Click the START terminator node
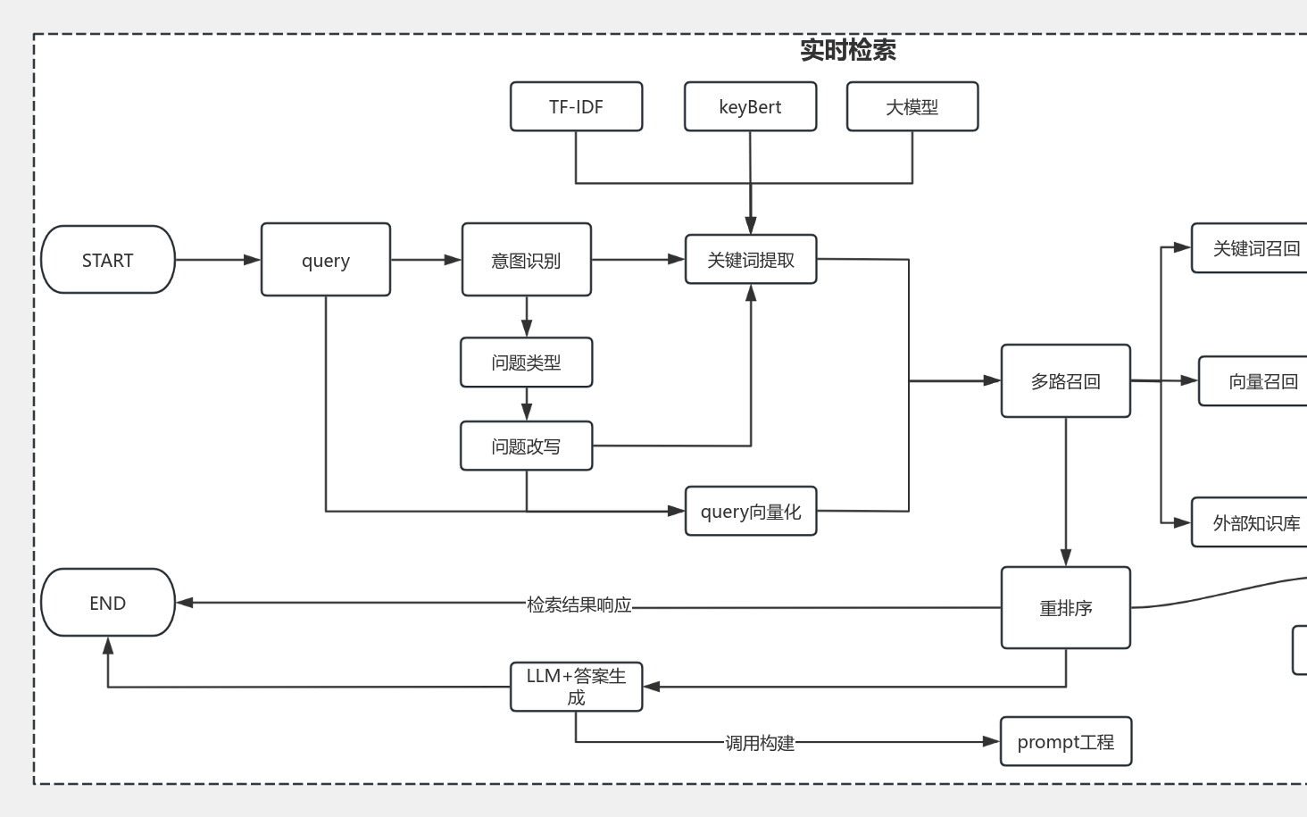pyautogui.click(x=108, y=260)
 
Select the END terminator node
pyautogui.click(x=108, y=603)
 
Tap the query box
pyautogui.click(x=326, y=260)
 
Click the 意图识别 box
pyautogui.click(x=526, y=260)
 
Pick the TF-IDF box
pyautogui.click(x=576, y=107)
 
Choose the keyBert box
pyautogui.click(x=750, y=107)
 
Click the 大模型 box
pyautogui.click(x=912, y=107)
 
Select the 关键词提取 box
pyautogui.click(x=751, y=260)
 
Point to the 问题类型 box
pyautogui.click(x=526, y=363)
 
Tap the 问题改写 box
pyautogui.click(x=526, y=446)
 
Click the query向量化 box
pyautogui.click(x=751, y=512)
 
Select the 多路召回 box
pyautogui.click(x=1065, y=381)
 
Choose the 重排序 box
pyautogui.click(x=1065, y=608)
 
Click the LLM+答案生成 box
pyautogui.click(x=576, y=687)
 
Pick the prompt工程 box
pyautogui.click(x=1065, y=742)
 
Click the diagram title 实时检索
pyautogui.click(x=847, y=50)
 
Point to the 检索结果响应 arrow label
pyautogui.click(x=579, y=604)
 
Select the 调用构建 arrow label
pyautogui.click(x=759, y=743)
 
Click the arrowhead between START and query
pyautogui.click(x=252, y=260)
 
